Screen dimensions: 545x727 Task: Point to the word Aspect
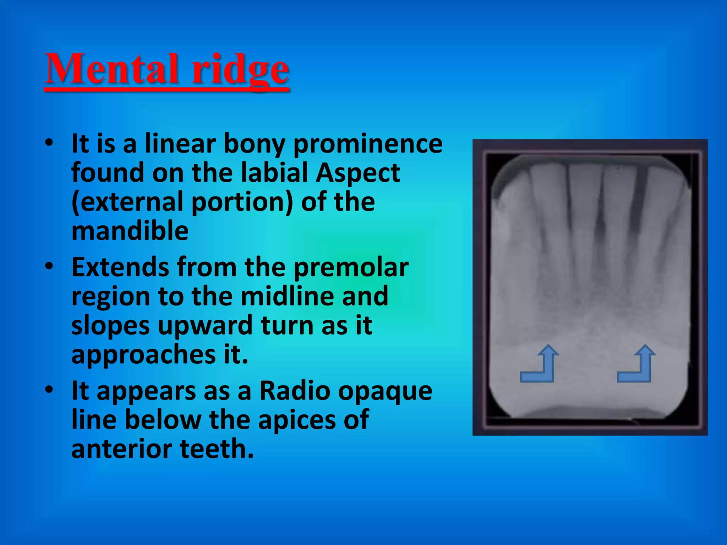[358, 173]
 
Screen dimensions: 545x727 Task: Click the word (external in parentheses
[128, 202]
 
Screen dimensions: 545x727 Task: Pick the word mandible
[130, 231]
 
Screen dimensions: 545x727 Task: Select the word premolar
[351, 268]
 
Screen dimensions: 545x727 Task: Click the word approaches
[143, 355]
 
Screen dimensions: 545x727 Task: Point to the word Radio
[295, 391]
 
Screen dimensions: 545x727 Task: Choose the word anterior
[122, 449]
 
